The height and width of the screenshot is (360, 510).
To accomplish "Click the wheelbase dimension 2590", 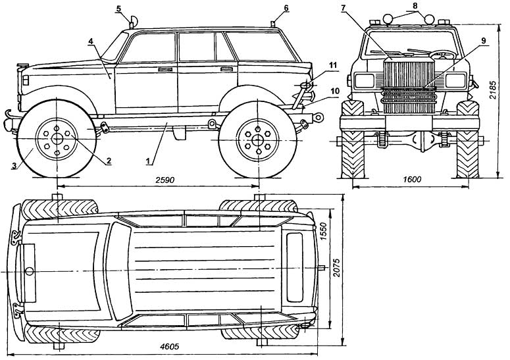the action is pyautogui.click(x=165, y=180).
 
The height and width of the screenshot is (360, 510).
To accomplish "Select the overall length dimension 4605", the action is pyautogui.click(x=170, y=347).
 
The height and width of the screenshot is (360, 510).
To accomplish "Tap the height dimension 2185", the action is pyautogui.click(x=493, y=90).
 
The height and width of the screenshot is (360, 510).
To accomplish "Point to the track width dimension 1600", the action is pyautogui.click(x=412, y=180).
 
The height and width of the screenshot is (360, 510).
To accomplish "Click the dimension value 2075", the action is pyautogui.click(x=336, y=268).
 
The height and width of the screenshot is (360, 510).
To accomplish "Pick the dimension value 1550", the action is pyautogui.click(x=324, y=231).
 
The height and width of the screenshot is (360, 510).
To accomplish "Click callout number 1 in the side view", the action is pyautogui.click(x=148, y=161).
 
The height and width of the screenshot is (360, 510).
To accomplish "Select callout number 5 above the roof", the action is pyautogui.click(x=118, y=9).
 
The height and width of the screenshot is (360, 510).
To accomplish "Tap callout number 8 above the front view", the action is pyautogui.click(x=415, y=5).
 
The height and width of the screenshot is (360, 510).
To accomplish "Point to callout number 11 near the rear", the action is pyautogui.click(x=332, y=64).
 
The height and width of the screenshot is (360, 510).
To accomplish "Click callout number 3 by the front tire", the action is pyautogui.click(x=14, y=166).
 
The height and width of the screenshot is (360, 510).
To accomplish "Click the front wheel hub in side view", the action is pyautogui.click(x=57, y=139).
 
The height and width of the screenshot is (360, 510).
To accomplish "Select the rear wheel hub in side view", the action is pyautogui.click(x=257, y=140).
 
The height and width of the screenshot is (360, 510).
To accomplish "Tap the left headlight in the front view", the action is pyautogui.click(x=365, y=80).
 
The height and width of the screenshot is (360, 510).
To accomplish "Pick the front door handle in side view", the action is pyautogui.click(x=166, y=70).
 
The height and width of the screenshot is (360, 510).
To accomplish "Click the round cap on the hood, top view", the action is pyautogui.click(x=30, y=271).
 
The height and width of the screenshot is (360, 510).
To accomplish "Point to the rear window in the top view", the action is pyautogui.click(x=295, y=268).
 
